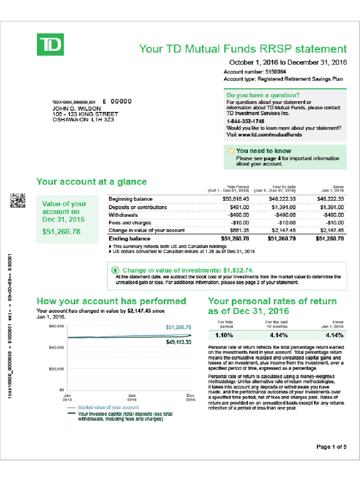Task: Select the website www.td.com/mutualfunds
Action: (270, 135)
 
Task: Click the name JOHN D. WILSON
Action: (76, 108)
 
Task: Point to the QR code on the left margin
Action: (18, 201)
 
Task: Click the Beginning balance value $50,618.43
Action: (235, 199)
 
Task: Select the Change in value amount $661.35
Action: (239, 230)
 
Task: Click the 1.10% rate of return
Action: (224, 335)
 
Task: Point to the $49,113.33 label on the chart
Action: (179, 343)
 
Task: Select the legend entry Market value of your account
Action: (108, 408)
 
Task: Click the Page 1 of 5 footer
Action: (331, 447)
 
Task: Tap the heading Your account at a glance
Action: (91, 182)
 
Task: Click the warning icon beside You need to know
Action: (230, 151)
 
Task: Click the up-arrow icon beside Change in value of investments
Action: (115, 270)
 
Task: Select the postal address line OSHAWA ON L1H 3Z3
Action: (82, 120)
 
